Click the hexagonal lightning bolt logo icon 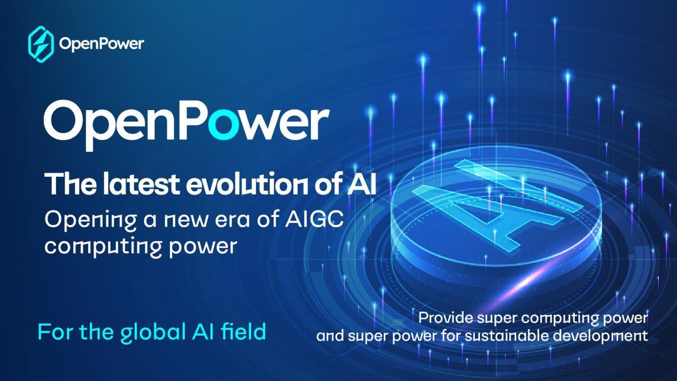pyautogui.click(x=41, y=44)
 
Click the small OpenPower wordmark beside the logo pyautogui.click(x=102, y=44)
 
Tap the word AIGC pyautogui.click(x=314, y=219)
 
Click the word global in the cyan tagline pyautogui.click(x=153, y=332)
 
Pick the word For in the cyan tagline pyautogui.click(x=56, y=332)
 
